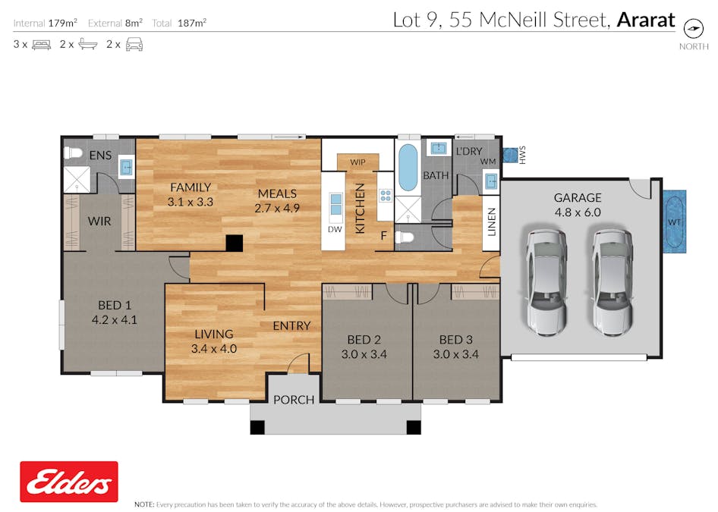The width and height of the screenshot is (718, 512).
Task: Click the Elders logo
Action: (69, 482)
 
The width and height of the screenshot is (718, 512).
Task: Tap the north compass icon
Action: (693, 28)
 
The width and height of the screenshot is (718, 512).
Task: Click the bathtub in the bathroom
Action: (408, 168)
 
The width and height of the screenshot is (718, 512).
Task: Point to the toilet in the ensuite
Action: (73, 152)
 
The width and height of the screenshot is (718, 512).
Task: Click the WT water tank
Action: (674, 221)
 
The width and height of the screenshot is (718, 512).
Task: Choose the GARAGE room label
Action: (577, 198)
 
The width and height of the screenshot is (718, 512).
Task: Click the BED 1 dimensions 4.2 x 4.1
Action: (114, 319)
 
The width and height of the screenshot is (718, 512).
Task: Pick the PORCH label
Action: (294, 399)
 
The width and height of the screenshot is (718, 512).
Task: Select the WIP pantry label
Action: (357, 162)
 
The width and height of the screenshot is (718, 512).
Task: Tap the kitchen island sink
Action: (335, 206)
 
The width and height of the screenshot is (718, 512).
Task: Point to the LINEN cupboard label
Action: (492, 221)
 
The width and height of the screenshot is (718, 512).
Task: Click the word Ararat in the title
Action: (645, 20)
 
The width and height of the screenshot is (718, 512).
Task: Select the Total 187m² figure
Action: (191, 23)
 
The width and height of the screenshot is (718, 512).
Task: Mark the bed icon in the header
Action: (41, 45)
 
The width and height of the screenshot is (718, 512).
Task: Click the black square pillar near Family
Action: (235, 243)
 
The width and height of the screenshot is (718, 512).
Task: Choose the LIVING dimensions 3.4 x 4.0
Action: (214, 349)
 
